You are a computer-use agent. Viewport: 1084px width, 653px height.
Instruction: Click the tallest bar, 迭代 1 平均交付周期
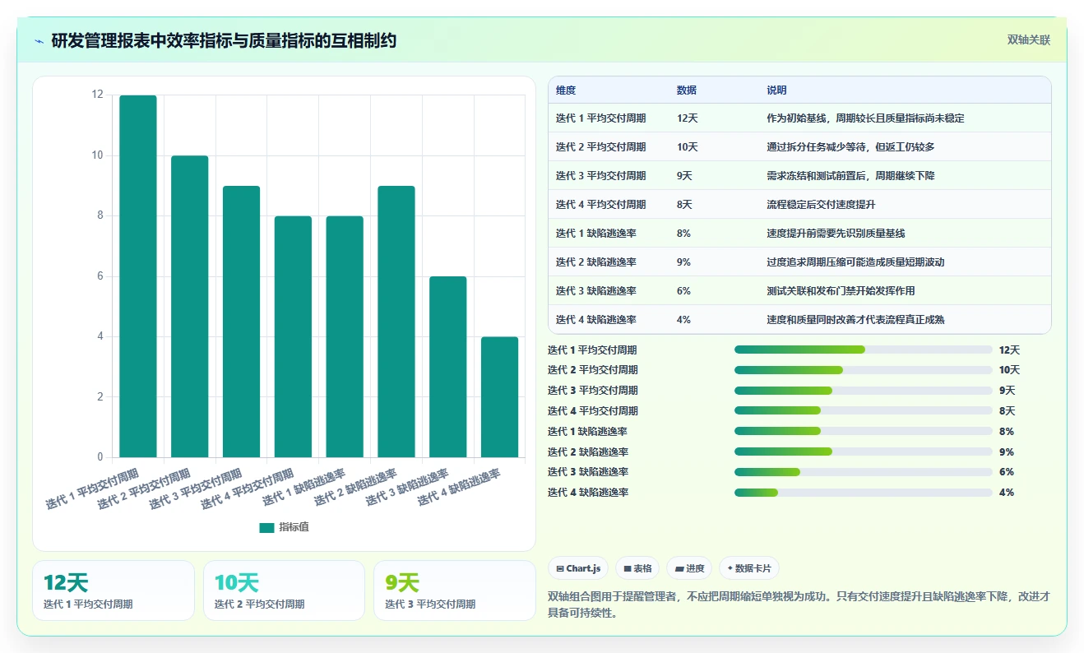point(138,276)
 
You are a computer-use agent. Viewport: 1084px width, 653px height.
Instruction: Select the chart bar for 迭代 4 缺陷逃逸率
point(499,397)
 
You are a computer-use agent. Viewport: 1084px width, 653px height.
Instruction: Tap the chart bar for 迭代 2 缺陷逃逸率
point(396,322)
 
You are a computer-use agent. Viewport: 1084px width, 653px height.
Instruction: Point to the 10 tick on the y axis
point(97,155)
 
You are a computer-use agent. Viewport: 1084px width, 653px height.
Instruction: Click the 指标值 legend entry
point(284,527)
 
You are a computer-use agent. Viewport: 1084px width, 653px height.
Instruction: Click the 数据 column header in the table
point(686,90)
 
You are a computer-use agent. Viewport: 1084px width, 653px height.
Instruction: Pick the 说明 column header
point(776,90)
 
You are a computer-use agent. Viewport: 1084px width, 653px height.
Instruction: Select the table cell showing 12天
point(688,118)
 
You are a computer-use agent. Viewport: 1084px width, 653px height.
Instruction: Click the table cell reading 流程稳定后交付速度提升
point(821,204)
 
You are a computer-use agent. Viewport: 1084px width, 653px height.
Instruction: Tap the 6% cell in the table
point(683,291)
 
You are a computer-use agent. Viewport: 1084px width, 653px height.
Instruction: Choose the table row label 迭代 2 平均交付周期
point(600,146)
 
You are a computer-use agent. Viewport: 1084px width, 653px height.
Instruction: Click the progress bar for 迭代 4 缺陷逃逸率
point(864,493)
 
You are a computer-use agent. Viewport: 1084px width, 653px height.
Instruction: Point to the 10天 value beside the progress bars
point(1009,370)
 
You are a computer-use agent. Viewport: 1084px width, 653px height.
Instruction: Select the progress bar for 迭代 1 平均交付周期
point(864,350)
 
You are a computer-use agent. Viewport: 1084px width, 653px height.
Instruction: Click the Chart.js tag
point(578,568)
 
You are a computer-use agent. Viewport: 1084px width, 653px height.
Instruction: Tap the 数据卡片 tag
point(749,568)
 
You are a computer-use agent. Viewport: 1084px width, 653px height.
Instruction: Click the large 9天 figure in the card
point(401,583)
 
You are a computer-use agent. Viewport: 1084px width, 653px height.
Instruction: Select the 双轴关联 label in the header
point(1029,40)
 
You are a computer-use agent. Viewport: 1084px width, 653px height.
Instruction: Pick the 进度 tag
point(689,568)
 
